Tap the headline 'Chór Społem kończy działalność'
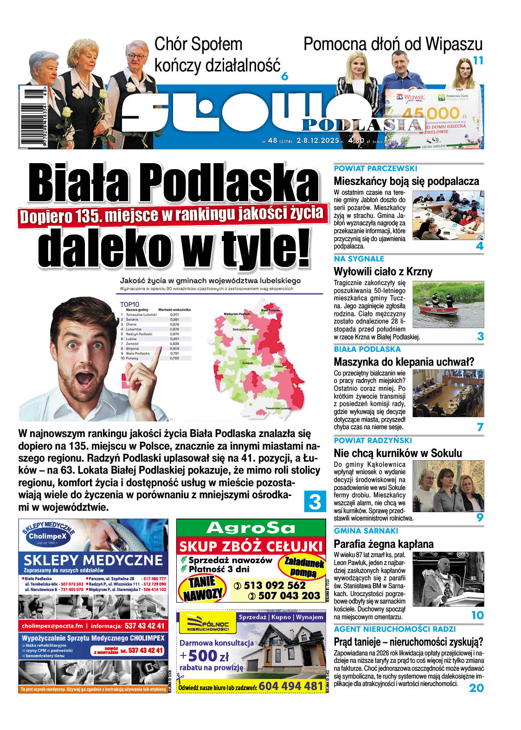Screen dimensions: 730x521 pyautogui.click(x=217, y=55)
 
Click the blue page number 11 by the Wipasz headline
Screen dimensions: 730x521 pyautogui.click(x=477, y=61)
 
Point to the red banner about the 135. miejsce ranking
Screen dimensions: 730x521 pyautogui.click(x=171, y=215)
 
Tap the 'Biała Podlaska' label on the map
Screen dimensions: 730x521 pyautogui.click(x=270, y=310)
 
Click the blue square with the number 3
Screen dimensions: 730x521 pyautogui.click(x=315, y=501)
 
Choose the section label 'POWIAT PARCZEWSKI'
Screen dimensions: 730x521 pyautogui.click(x=375, y=169)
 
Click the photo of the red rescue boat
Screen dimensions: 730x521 pyautogui.click(x=448, y=305)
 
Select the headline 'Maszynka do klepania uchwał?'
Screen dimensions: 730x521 pyautogui.click(x=404, y=362)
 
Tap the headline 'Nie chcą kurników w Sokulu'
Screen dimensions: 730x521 pyautogui.click(x=398, y=453)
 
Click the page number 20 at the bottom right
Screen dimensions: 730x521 pyautogui.click(x=476, y=688)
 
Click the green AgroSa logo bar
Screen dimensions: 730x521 pyautogui.click(x=251, y=528)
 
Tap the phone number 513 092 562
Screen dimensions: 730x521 pyautogui.click(x=275, y=585)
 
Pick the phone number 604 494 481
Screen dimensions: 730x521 pyautogui.click(x=290, y=686)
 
